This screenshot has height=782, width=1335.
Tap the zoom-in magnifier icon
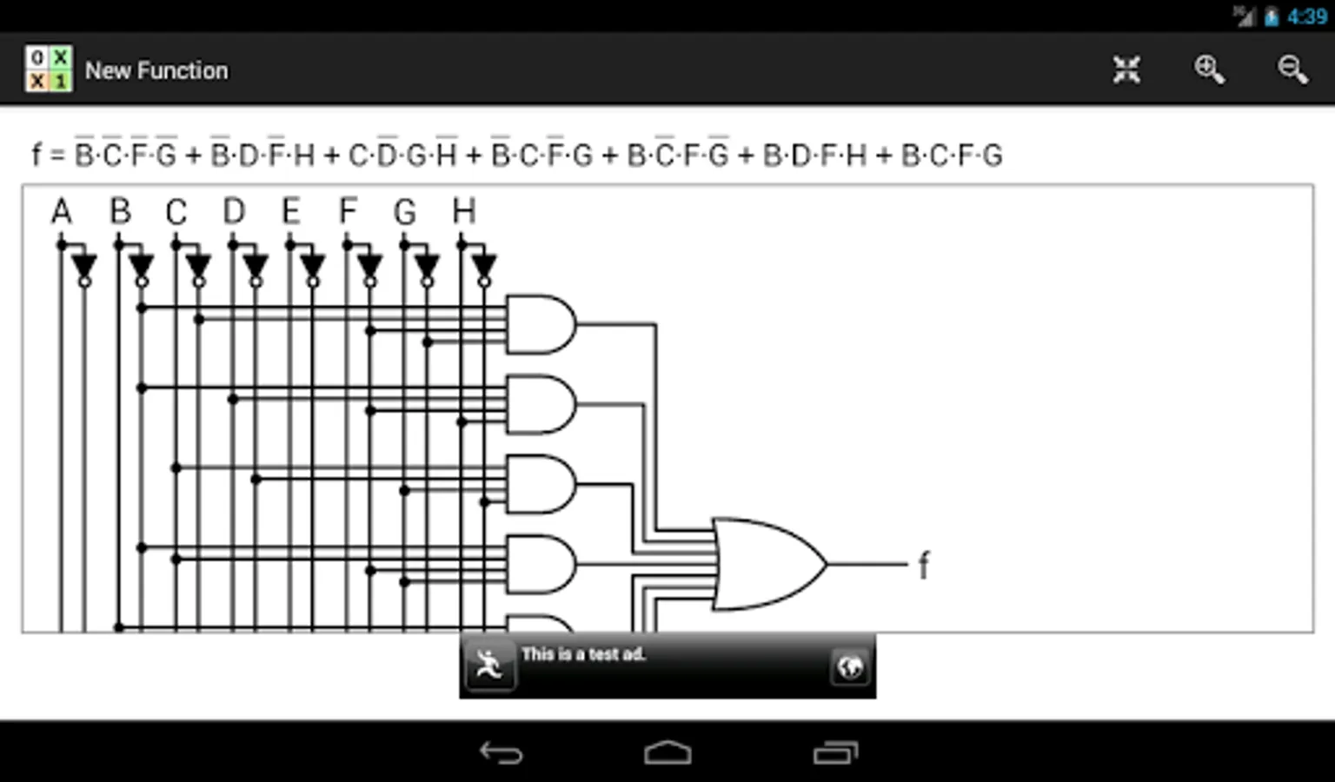(x=1209, y=70)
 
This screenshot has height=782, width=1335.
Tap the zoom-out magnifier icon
(x=1292, y=70)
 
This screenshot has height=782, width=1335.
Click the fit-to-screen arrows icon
(x=1126, y=70)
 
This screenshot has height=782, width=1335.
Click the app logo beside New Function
(x=49, y=70)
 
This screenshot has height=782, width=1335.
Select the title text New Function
(x=156, y=70)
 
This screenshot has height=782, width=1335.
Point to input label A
(x=61, y=211)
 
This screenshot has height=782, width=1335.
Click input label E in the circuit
(x=290, y=211)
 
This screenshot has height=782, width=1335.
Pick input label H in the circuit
(x=463, y=211)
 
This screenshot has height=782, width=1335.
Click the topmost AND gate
(x=540, y=324)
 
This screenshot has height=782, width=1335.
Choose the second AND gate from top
(x=540, y=404)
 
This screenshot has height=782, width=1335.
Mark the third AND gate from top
(x=540, y=484)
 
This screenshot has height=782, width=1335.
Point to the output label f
(x=923, y=566)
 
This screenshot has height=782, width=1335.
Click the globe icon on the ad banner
(x=849, y=666)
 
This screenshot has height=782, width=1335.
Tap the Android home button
(x=667, y=752)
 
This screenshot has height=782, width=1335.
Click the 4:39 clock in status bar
(x=1306, y=17)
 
